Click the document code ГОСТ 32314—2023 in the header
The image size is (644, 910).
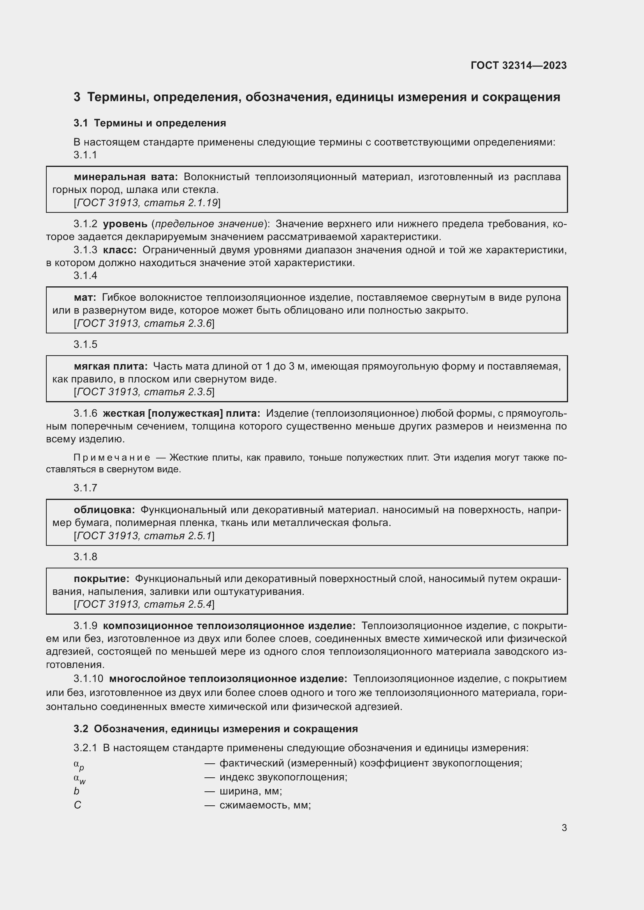pyautogui.click(x=519, y=65)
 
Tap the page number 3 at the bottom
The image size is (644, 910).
pyautogui.click(x=564, y=828)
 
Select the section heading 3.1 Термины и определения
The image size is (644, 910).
pyautogui.click(x=150, y=123)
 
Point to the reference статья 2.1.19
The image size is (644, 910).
pyautogui.click(x=181, y=203)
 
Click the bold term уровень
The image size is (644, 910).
pyautogui.click(x=125, y=224)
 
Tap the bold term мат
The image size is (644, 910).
pyautogui.click(x=85, y=297)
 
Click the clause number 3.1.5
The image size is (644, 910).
pyautogui.click(x=85, y=344)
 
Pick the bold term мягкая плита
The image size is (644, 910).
pyautogui.click(x=111, y=366)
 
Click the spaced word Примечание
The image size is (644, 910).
pyautogui.click(x=112, y=458)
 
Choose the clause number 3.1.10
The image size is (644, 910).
pyautogui.click(x=88, y=679)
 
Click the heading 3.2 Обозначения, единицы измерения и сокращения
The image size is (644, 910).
pyautogui.click(x=216, y=728)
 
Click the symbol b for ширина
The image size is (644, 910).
pyautogui.click(x=77, y=791)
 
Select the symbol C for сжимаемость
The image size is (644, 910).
pyautogui.click(x=77, y=805)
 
